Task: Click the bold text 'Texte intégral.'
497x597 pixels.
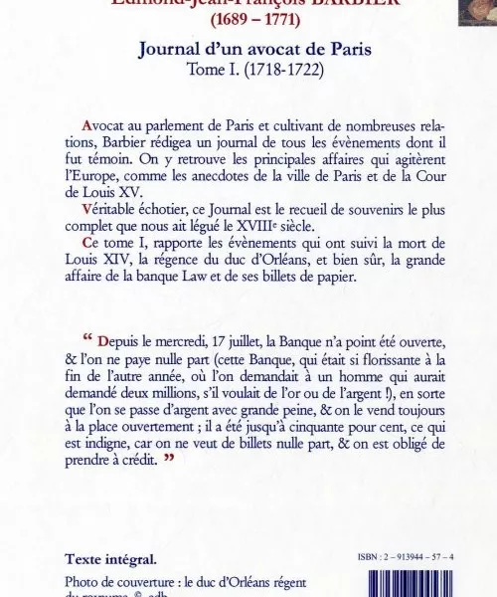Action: coord(110,560)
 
